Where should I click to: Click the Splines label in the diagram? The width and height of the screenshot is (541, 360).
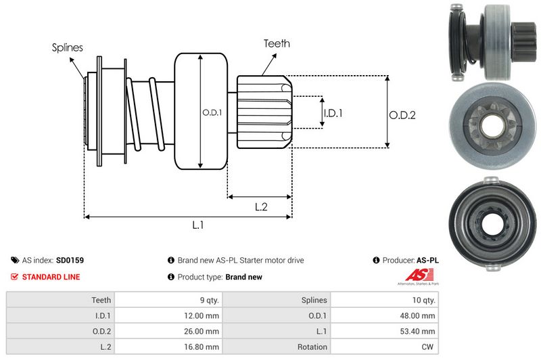tap(67, 47)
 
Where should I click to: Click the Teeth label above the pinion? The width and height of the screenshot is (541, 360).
tap(277, 43)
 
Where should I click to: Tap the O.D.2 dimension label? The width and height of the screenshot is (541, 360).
tap(402, 115)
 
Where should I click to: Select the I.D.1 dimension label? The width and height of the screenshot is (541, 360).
tap(333, 113)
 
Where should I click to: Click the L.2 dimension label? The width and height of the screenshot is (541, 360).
tap(262, 207)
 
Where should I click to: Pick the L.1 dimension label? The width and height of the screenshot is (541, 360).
tap(198, 225)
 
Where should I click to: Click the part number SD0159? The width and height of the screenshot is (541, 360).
tap(70, 260)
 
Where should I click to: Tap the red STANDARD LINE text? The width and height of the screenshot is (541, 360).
tap(51, 277)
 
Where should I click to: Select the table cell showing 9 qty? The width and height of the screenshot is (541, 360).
tap(206, 300)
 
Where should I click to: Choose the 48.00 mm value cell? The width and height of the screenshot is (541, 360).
tap(419, 315)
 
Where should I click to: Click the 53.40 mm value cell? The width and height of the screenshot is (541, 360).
tap(419, 331)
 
